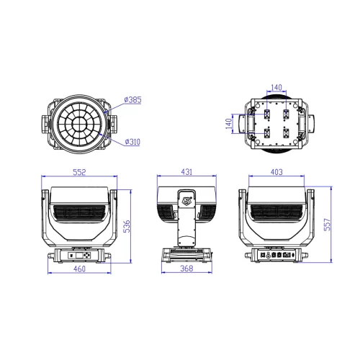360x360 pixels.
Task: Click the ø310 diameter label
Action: tap(132, 141)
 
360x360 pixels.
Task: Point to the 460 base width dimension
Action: tap(79, 269)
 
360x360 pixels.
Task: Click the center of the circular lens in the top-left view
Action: tap(79, 122)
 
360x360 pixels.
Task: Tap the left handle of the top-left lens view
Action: tap(47, 122)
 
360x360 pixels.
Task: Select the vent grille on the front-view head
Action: tap(79, 214)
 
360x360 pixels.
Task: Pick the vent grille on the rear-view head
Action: tap(276, 214)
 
